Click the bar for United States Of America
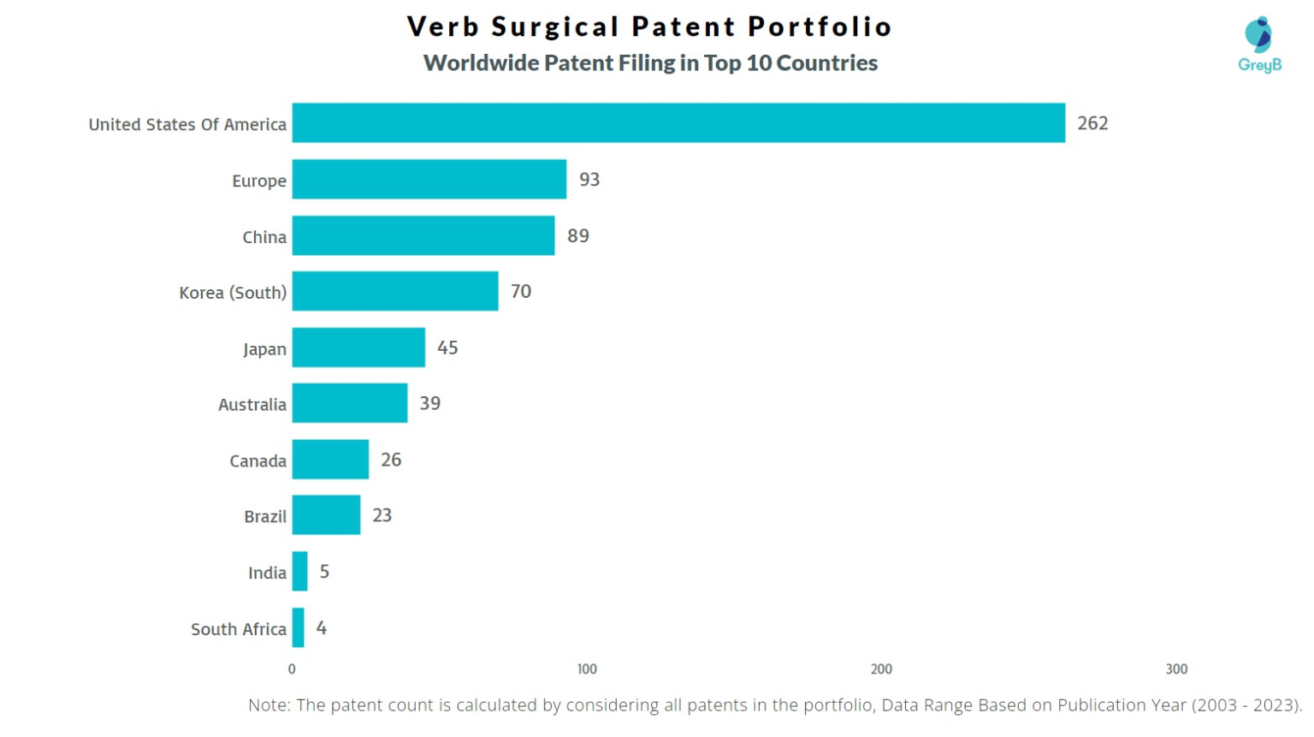pos(678,123)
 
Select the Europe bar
pos(429,180)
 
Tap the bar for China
pos(423,235)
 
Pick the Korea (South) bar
pos(395,292)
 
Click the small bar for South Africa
pos(298,627)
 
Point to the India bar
pos(299,572)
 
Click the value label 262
pos(1092,123)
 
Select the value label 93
pos(589,180)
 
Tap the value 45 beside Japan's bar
pos(447,348)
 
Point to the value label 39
pos(429,403)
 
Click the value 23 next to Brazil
pos(382,515)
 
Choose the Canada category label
pos(257,461)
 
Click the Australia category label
pos(252,405)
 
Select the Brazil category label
pos(265,516)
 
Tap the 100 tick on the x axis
pos(587,669)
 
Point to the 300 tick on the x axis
pos(1176,669)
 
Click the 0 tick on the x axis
pos(292,669)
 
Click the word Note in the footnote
pos(267,705)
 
